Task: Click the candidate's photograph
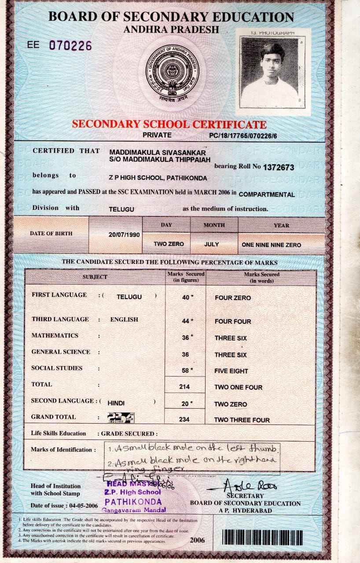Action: pos(270,73)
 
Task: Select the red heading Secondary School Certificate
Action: pos(169,124)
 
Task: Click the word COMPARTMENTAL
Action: pos(267,194)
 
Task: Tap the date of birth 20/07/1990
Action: pos(124,234)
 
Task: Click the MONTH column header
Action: pos(214,225)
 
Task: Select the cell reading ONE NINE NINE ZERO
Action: pos(272,245)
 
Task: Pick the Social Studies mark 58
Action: pos(185,371)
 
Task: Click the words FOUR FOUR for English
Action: pos(233,322)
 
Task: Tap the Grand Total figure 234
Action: pos(184,420)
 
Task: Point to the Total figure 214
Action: pos(185,387)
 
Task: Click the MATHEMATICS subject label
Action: pos(55,336)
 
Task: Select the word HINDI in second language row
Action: pos(116,403)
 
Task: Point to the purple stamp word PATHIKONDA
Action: pos(133,501)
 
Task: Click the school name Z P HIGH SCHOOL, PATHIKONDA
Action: pos(158,178)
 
